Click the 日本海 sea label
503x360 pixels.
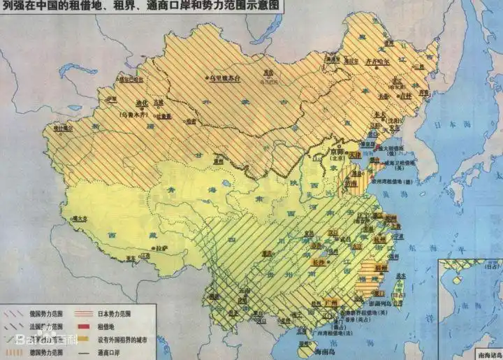click(x=444, y=127)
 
